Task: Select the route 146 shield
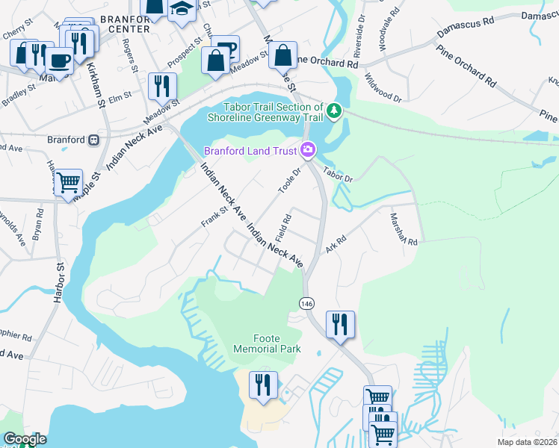(306, 303)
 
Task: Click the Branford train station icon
(94, 140)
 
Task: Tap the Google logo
(25, 439)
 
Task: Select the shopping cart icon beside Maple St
(68, 181)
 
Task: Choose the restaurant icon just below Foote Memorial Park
(262, 385)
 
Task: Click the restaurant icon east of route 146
(340, 324)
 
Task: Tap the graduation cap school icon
(181, 10)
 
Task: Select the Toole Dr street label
(288, 180)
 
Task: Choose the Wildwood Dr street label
(383, 87)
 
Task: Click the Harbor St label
(58, 276)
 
